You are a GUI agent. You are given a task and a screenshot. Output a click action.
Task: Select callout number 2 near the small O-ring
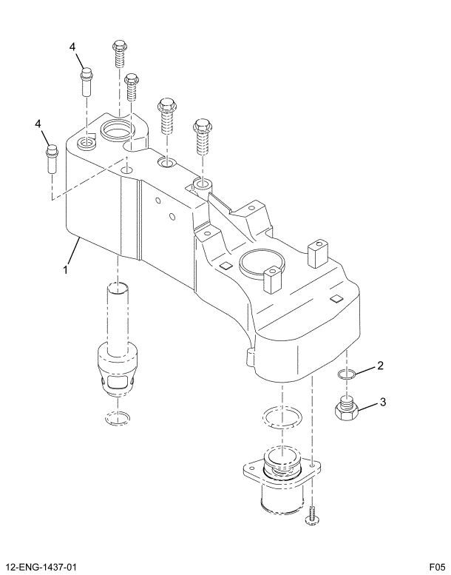pos(380,365)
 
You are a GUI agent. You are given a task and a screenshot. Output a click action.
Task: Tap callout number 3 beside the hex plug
pos(383,403)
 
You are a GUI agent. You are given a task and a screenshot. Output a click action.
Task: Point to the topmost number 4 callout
pos(73,47)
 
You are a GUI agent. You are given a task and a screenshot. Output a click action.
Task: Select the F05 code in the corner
pos(435,567)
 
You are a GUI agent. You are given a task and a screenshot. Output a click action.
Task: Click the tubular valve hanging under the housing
pos(118,348)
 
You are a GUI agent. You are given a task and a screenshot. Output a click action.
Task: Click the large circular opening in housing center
pos(261,263)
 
